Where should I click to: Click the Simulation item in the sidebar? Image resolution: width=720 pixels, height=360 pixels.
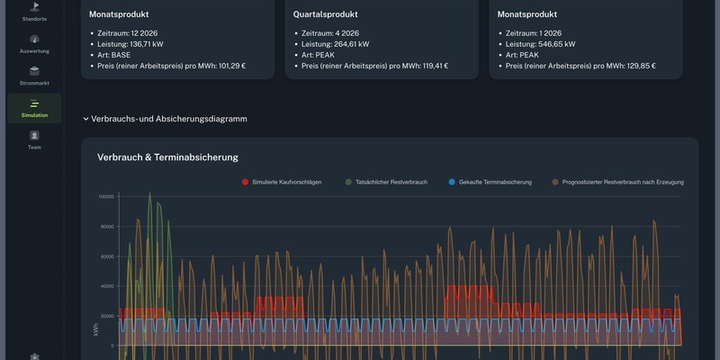[x=34, y=108]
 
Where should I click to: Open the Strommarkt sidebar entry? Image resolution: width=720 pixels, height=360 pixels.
[x=34, y=76]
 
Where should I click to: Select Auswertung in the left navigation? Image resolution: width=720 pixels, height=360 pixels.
[x=34, y=44]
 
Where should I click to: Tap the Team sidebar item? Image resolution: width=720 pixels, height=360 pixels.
[x=34, y=139]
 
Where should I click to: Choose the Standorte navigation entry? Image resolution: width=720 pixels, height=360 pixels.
[x=34, y=11]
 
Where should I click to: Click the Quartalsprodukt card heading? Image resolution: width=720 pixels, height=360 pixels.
[x=325, y=14]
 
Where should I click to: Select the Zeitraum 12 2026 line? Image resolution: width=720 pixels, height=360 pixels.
[x=126, y=32]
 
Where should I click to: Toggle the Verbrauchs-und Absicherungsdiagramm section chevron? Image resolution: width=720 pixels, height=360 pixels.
[x=85, y=119]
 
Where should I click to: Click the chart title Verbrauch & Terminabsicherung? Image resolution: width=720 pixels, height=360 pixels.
[x=167, y=157]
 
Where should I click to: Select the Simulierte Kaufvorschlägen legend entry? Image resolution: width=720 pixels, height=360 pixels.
[x=286, y=182]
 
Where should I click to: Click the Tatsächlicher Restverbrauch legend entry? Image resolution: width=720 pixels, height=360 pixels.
[x=385, y=182]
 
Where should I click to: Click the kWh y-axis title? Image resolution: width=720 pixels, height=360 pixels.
[x=95, y=331]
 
